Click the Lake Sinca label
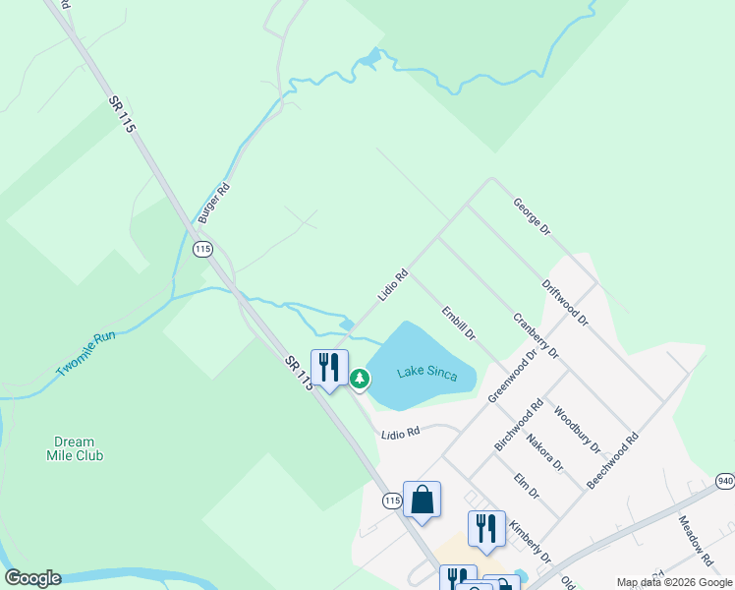pyautogui.click(x=427, y=373)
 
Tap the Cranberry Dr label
pyautogui.click(x=536, y=335)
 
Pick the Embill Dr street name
pyautogui.click(x=459, y=323)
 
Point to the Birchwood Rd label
pyautogui.click(x=519, y=425)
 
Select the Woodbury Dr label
pyautogui.click(x=577, y=430)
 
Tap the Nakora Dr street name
pyautogui.click(x=544, y=451)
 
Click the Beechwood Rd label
pyautogui.click(x=612, y=459)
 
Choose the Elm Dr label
pyautogui.click(x=527, y=486)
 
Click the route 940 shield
pyautogui.click(x=725, y=481)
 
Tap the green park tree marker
pyautogui.click(x=360, y=379)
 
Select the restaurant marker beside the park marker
pyautogui.click(x=329, y=368)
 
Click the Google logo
pyautogui.click(x=32, y=578)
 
